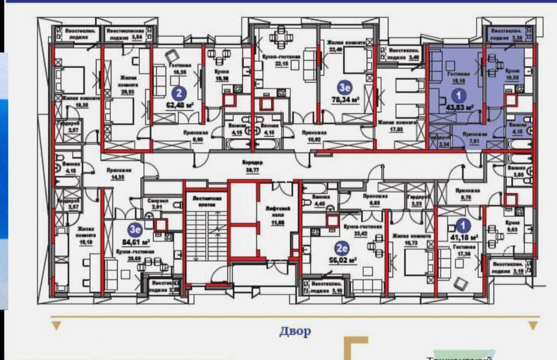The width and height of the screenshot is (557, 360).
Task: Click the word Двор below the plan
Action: click(295, 332)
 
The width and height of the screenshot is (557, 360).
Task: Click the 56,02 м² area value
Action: click(341, 259)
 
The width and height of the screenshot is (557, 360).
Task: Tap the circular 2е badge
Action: click(341, 247)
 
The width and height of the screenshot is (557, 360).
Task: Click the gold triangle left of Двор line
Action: click(55, 325)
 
